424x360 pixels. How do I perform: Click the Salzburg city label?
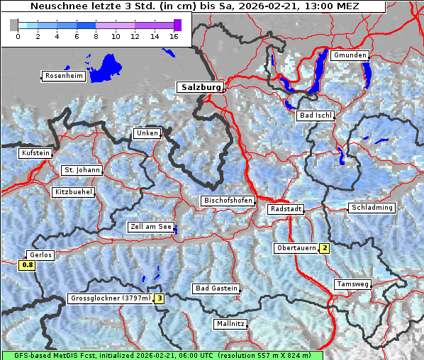pyautogui.click(x=199, y=87)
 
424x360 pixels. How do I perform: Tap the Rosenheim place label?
pyautogui.click(x=64, y=76)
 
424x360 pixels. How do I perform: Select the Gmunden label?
pyautogui.click(x=350, y=55)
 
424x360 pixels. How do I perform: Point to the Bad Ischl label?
pyautogui.click(x=316, y=116)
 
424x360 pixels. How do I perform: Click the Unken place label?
pyautogui.click(x=147, y=133)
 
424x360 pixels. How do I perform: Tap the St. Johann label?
pyautogui.click(x=82, y=170)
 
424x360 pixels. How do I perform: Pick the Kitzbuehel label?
pyautogui.click(x=73, y=192)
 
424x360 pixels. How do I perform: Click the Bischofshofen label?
pyautogui.click(x=228, y=201)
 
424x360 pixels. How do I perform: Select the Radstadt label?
pyautogui.click(x=286, y=210)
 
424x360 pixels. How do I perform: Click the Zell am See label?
pyautogui.click(x=151, y=227)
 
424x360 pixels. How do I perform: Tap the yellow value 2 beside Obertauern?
pyautogui.click(x=324, y=248)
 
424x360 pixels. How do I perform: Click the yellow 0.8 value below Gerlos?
pyautogui.click(x=27, y=265)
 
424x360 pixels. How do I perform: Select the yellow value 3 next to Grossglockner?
pyautogui.click(x=160, y=298)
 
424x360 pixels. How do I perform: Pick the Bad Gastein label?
pyautogui.click(x=216, y=288)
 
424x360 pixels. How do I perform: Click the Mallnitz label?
pyautogui.click(x=230, y=324)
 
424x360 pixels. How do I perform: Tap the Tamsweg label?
pyautogui.click(x=352, y=284)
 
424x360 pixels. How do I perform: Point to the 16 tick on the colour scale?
pyautogui.click(x=174, y=36)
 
